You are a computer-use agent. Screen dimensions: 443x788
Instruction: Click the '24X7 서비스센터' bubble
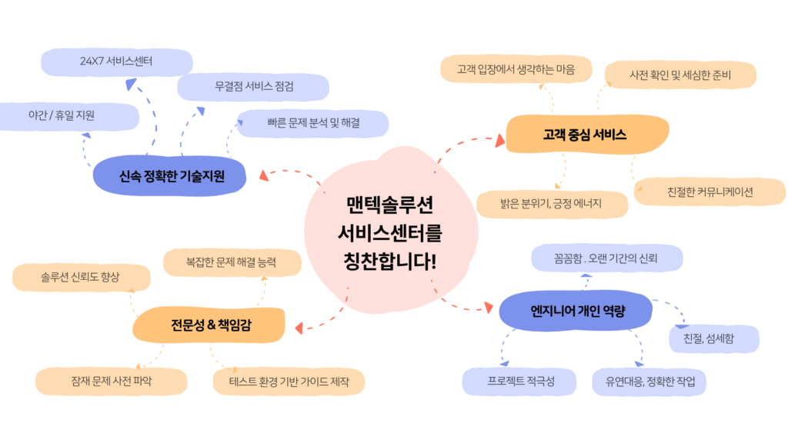(116, 62)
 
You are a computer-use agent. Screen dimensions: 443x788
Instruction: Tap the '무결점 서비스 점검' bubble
(254, 87)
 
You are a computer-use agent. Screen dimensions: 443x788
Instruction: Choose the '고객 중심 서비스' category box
(586, 135)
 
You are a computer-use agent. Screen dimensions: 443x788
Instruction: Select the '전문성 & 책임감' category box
(210, 325)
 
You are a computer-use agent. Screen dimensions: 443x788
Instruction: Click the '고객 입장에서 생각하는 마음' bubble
(517, 68)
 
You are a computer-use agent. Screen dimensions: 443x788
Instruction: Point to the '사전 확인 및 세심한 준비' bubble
(679, 75)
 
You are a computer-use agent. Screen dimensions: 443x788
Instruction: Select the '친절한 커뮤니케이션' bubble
(710, 192)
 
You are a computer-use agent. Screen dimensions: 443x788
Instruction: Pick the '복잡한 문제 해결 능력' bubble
(231, 262)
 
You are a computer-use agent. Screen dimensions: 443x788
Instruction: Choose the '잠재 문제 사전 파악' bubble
(111, 381)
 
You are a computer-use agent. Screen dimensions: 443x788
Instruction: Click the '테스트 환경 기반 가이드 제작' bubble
(289, 381)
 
